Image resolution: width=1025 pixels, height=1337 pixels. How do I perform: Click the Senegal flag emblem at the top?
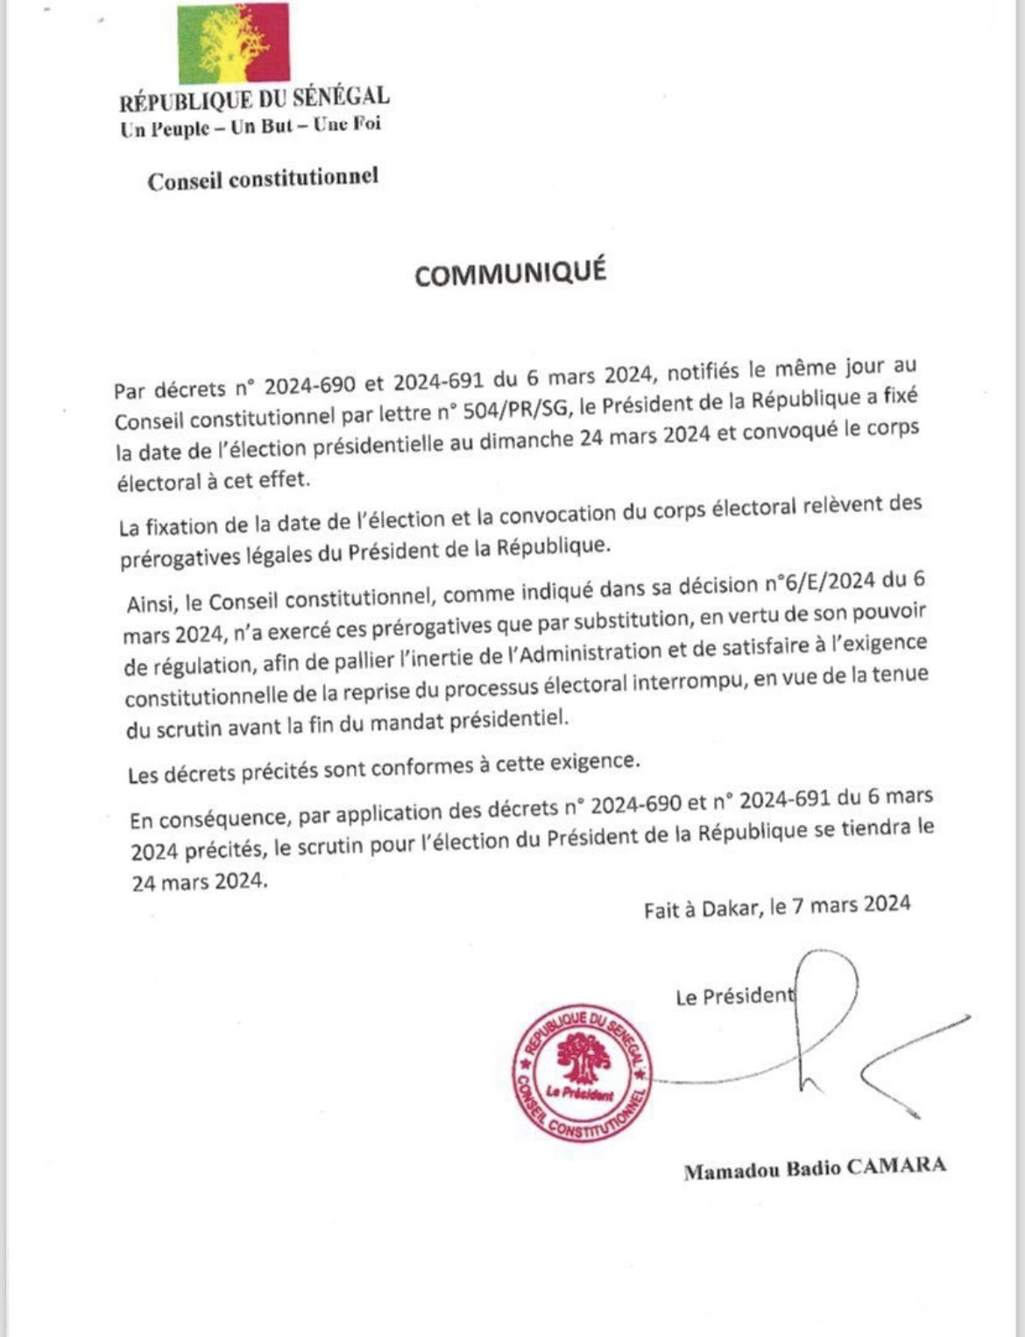pos(232,44)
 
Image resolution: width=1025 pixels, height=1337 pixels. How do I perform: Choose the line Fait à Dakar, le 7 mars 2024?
pos(776,907)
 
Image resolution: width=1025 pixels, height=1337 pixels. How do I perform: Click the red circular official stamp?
pos(583,1073)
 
